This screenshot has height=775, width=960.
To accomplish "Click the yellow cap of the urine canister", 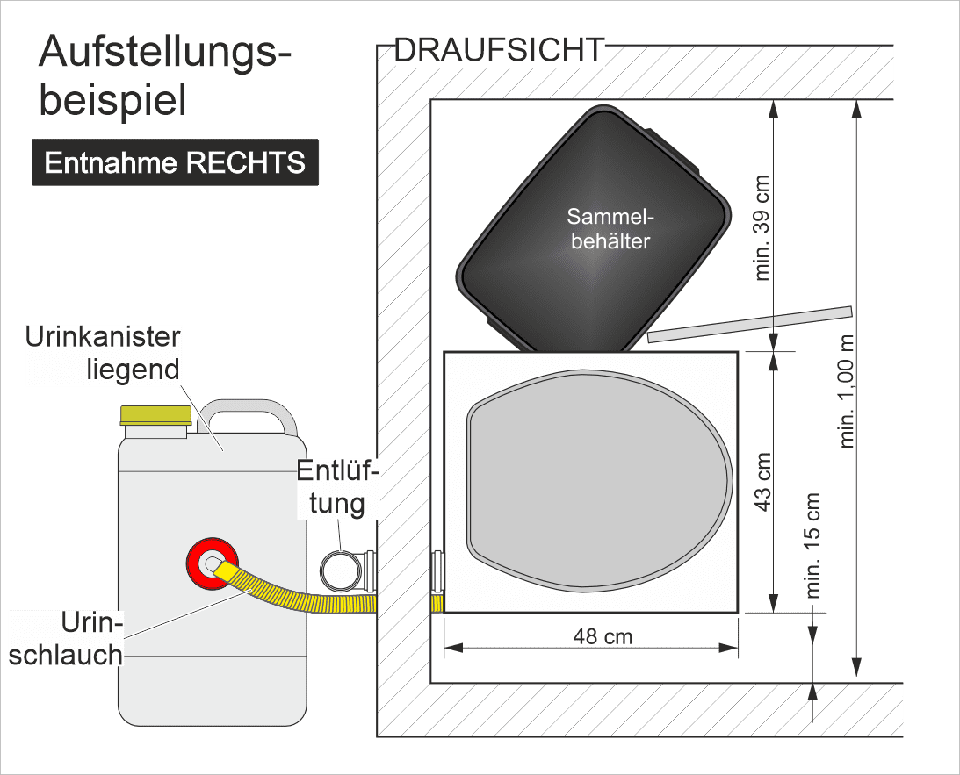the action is tap(156, 415).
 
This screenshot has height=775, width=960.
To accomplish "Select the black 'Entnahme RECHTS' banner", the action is tap(175, 162).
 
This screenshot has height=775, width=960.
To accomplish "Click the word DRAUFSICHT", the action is tap(500, 50).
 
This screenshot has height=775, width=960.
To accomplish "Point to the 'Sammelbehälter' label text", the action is tap(610, 229).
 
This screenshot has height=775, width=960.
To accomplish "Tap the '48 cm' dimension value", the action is tap(603, 636).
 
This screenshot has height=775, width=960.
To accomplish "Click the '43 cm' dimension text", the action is tap(763, 482).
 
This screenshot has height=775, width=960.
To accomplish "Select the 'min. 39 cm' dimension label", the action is tap(762, 228).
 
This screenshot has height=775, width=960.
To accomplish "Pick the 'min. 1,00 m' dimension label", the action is tap(846, 391).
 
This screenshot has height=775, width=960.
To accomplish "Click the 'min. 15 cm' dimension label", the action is tap(812, 545).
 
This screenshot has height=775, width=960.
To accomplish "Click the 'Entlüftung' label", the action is tap(337, 487).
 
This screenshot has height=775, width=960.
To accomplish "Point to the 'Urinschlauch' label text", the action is tap(66, 639).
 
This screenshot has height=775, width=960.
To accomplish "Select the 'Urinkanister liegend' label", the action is tap(103, 353).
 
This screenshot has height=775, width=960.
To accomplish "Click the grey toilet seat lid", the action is tap(600, 481).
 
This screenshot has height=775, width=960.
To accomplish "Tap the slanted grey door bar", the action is tap(750, 324).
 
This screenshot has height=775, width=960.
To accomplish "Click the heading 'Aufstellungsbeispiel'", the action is tap(165, 75).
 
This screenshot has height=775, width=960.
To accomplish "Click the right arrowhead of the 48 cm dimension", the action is tap(729, 648).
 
